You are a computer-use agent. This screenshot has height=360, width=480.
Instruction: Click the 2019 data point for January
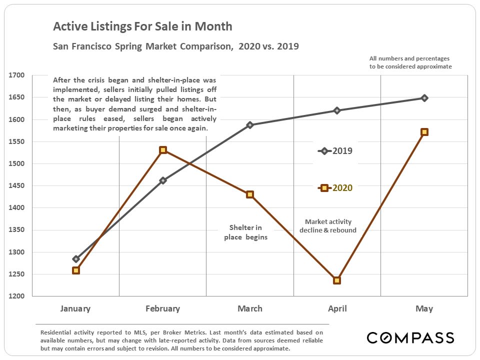[76, 259]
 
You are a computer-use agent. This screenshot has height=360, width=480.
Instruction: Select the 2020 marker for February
[163, 150]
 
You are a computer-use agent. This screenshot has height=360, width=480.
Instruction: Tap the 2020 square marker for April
[337, 280]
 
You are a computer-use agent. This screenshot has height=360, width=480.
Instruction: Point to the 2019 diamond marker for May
[424, 98]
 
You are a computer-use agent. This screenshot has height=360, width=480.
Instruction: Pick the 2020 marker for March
[250, 194]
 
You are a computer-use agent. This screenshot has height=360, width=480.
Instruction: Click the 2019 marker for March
[250, 125]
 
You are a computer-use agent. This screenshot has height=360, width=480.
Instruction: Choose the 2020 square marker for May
[424, 132]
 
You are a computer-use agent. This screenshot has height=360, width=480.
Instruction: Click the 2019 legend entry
[336, 151]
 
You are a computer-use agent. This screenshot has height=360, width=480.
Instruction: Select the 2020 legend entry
[336, 188]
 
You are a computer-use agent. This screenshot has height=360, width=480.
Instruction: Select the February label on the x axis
[162, 308]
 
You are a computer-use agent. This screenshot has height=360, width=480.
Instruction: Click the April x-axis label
[337, 308]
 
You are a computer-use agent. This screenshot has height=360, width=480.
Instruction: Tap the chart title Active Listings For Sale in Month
[142, 26]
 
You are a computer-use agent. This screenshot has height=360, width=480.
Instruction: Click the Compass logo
[410, 337]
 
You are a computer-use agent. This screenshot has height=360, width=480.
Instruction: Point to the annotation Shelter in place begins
[245, 232]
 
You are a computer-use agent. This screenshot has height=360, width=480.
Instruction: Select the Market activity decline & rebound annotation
[328, 226]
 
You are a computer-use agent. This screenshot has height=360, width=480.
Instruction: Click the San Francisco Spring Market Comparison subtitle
[176, 47]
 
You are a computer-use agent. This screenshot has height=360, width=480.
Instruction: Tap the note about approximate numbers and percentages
[410, 62]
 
